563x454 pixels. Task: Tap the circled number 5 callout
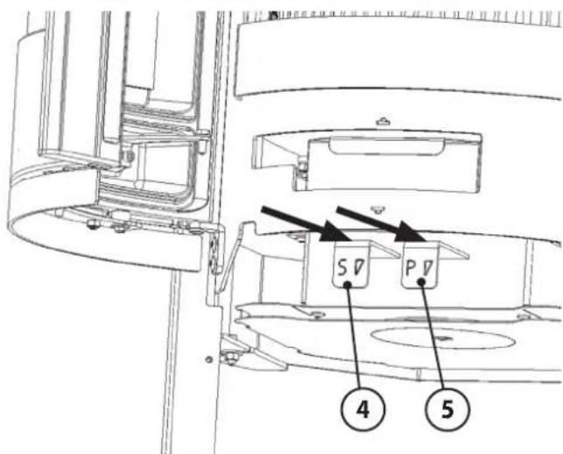coord(447,408)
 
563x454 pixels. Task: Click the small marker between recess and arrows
coord(376,209)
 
